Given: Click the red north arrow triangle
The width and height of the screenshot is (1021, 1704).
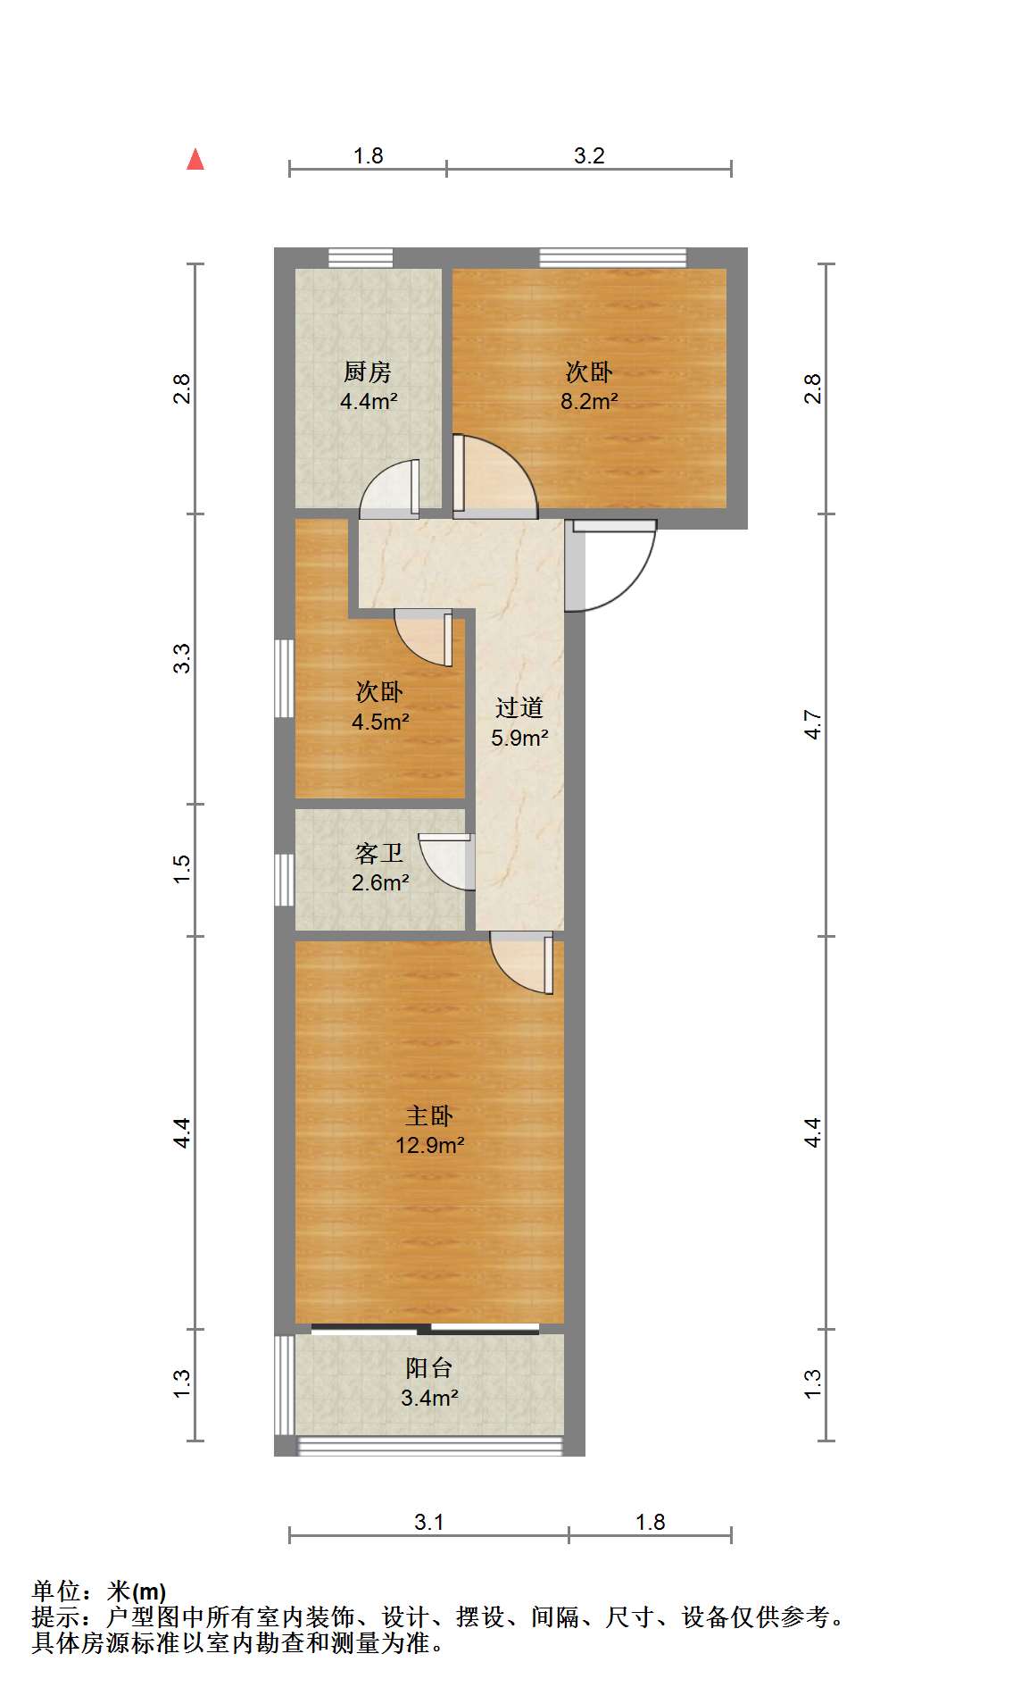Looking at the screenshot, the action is pyautogui.click(x=195, y=160).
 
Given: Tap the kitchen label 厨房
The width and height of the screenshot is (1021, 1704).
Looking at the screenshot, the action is pyautogui.click(x=368, y=372).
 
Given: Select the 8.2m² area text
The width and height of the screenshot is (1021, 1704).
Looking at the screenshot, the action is pyautogui.click(x=589, y=402).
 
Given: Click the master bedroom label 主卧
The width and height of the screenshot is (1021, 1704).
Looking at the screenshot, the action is pyautogui.click(x=429, y=1115).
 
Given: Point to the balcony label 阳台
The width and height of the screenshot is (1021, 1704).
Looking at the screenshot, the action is pyautogui.click(x=429, y=1368).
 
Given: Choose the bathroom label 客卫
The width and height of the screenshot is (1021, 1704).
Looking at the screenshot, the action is pyautogui.click(x=379, y=854).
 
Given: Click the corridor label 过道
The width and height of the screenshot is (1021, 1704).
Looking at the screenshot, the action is pyautogui.click(x=519, y=708).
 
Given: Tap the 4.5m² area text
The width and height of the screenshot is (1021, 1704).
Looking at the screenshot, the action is pyautogui.click(x=380, y=722).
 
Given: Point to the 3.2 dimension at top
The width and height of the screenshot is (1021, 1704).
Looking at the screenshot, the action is pyautogui.click(x=589, y=156).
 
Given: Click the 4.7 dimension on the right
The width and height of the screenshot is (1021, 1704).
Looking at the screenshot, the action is pyautogui.click(x=812, y=724).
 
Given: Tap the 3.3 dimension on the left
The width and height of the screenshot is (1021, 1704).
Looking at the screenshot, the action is pyautogui.click(x=182, y=658).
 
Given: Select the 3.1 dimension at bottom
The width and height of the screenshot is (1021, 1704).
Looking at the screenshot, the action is pyautogui.click(x=429, y=1522).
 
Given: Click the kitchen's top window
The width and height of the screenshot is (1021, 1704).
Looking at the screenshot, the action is pyautogui.click(x=361, y=258).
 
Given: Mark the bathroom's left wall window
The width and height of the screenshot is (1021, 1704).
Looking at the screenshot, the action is pyautogui.click(x=285, y=880).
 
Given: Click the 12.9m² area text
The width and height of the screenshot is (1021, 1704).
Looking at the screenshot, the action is pyautogui.click(x=430, y=1145).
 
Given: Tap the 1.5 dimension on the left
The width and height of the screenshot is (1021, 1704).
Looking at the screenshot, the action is pyautogui.click(x=182, y=870).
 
